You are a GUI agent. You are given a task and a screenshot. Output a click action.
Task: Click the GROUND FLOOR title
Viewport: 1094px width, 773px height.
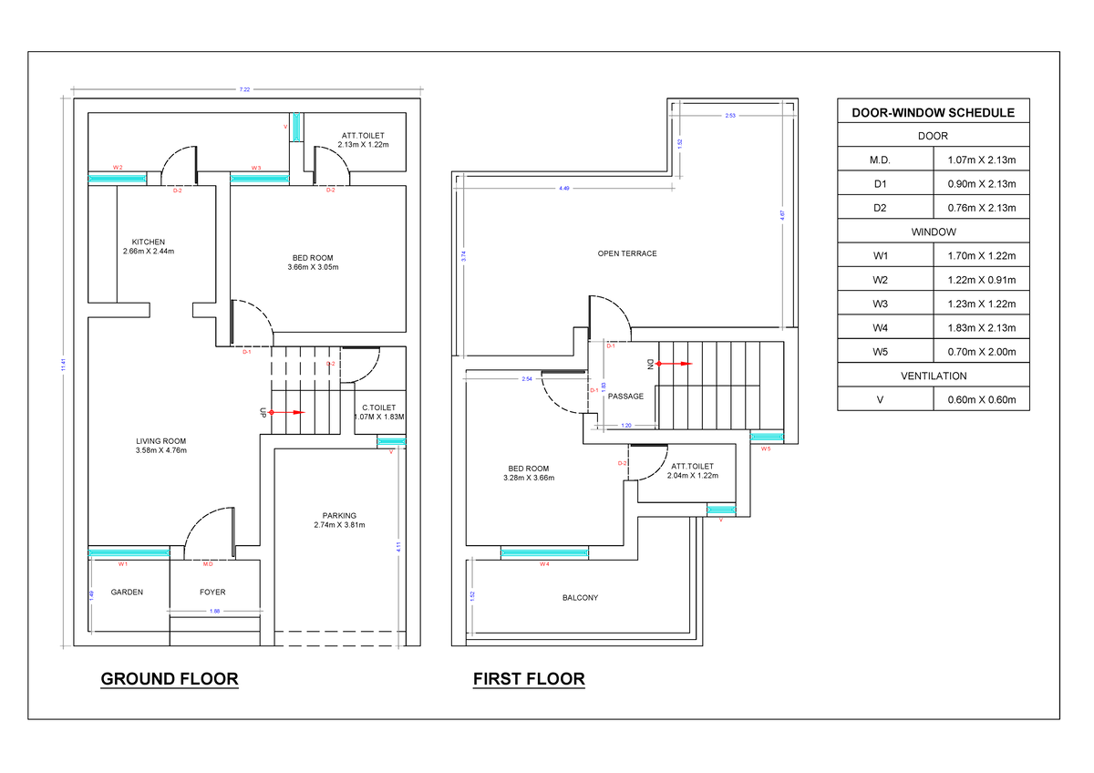(170, 679)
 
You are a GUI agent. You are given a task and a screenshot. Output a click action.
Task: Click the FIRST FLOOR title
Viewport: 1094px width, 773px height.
(529, 679)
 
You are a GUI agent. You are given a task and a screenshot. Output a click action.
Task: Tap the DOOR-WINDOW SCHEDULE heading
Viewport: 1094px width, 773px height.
(933, 113)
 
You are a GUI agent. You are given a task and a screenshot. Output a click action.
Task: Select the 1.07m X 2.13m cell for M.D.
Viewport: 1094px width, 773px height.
(981, 160)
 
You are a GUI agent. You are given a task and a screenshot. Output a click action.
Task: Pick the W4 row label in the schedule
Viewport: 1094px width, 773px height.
(880, 327)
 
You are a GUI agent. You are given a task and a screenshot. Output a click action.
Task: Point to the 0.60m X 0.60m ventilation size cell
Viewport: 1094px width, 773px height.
(981, 399)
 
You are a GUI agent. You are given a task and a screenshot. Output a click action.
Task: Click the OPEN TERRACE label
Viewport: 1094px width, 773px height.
(627, 253)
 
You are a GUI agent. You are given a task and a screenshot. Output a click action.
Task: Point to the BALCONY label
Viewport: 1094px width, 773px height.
(580, 598)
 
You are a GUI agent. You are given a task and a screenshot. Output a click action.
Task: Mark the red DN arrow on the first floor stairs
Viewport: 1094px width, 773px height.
(675, 363)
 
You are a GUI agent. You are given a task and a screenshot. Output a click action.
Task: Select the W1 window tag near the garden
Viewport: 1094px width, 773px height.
(122, 565)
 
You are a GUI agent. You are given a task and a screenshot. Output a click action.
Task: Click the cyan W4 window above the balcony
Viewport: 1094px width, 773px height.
(544, 552)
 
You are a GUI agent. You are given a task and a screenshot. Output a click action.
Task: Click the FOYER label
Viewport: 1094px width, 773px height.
(212, 593)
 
